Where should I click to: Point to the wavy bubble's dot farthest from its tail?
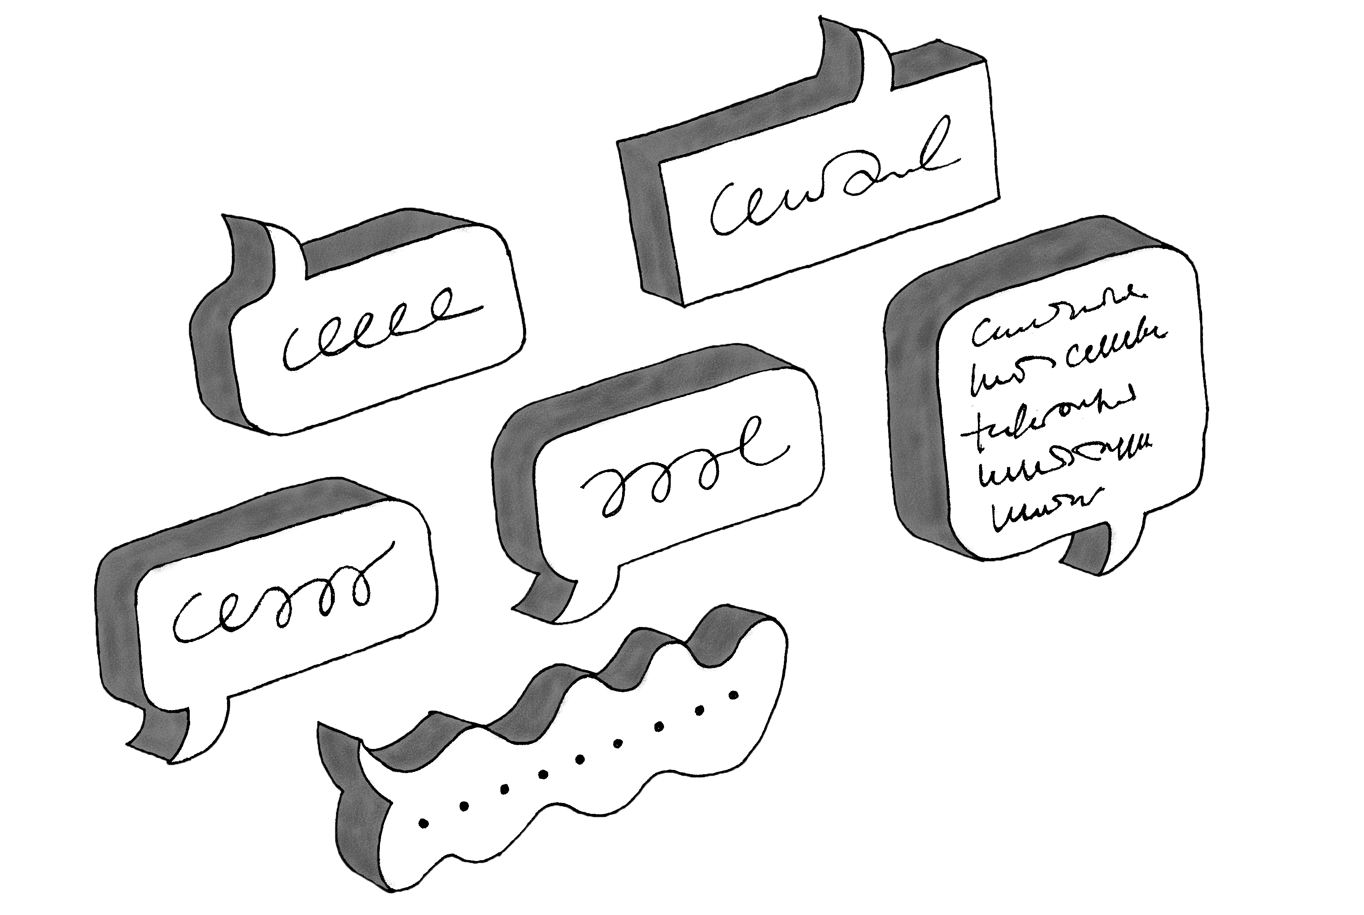[734, 695]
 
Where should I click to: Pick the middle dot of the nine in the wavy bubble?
[580, 759]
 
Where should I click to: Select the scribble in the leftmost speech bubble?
[280, 607]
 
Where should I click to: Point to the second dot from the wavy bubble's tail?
[464, 806]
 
